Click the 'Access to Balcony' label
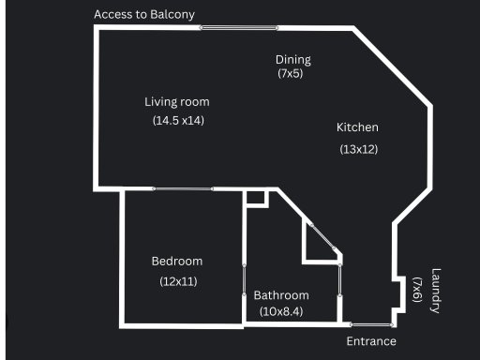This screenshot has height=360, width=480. tap(144, 14)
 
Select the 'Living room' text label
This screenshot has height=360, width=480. tap(176, 101)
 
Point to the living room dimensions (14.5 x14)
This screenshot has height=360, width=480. tap(178, 120)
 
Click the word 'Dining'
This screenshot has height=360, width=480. tap(292, 60)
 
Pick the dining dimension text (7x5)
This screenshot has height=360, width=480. tap(290, 73)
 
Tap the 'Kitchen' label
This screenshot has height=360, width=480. tap(357, 127)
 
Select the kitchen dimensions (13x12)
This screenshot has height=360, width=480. tap(357, 148)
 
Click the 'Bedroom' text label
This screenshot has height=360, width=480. tap(176, 262)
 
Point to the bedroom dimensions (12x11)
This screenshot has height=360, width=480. tap(178, 280)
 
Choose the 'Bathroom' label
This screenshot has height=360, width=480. tap(281, 295)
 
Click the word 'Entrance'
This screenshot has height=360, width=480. tap(371, 341)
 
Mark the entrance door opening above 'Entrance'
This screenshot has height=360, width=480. tap(371, 324)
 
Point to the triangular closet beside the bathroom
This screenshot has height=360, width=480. tap(315, 244)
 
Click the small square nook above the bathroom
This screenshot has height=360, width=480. tap(255, 199)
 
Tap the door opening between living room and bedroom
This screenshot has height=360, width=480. tap(184, 189)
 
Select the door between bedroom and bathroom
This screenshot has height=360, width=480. tap(244, 281)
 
